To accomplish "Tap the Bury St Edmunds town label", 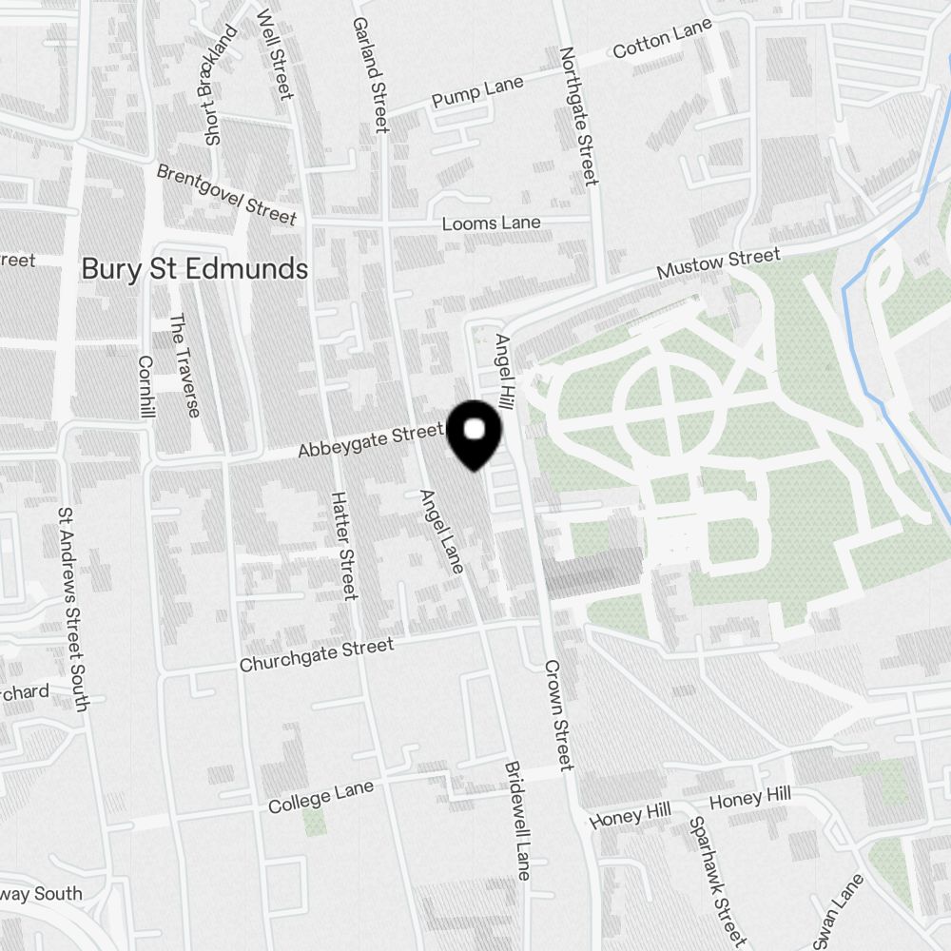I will tap(194, 269).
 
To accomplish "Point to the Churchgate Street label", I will tap(317, 655).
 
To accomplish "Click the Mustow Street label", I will tap(719, 263).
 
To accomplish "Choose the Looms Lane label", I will tap(491, 223).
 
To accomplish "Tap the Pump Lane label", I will tap(477, 92).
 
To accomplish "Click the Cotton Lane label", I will tap(662, 40).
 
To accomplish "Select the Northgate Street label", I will tap(578, 116).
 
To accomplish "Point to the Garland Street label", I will tap(371, 73).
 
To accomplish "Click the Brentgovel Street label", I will tap(226, 194).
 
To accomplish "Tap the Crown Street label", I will tap(558, 714).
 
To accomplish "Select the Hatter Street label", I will tap(342, 545).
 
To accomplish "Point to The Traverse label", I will tap(184, 365).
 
